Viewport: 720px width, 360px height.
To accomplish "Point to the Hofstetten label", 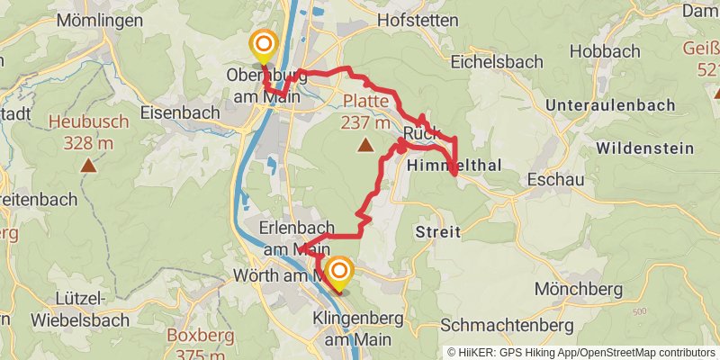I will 418,18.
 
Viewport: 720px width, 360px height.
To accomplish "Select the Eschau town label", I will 556,180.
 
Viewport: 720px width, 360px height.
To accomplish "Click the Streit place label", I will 437,232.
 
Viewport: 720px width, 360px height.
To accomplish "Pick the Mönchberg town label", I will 578,289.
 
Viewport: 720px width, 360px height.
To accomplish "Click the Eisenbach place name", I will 180,112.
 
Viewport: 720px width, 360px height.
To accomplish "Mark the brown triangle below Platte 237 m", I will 365,144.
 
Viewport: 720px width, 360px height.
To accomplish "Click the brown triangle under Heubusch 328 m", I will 88,165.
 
